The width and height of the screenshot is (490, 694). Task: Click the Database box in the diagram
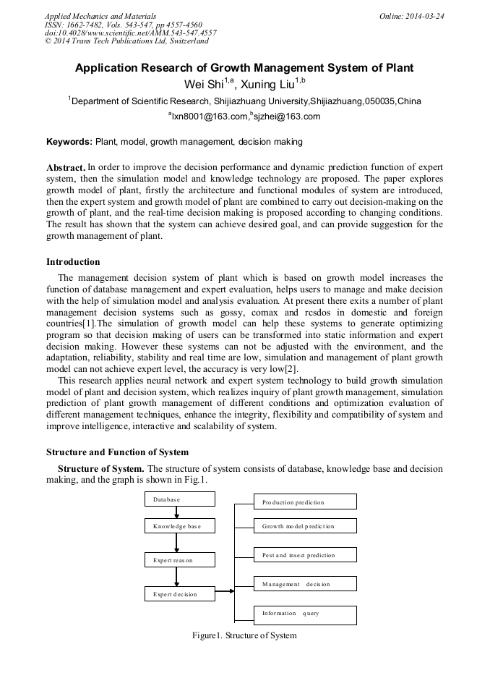click(180, 499)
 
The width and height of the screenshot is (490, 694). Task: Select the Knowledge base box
click(180, 526)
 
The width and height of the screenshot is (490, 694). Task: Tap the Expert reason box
click(180, 560)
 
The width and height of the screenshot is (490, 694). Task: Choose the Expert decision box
click(180, 594)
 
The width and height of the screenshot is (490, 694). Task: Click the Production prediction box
click(304, 502)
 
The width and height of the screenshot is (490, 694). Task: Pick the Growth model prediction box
click(304, 526)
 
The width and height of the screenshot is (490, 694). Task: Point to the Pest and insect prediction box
click(304, 555)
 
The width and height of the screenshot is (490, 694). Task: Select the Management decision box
click(304, 584)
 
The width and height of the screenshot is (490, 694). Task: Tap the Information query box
click(304, 614)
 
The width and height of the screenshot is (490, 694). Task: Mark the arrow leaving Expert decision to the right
click(225, 591)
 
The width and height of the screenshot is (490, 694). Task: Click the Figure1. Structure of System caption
click(244, 635)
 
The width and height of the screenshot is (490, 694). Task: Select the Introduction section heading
click(73, 262)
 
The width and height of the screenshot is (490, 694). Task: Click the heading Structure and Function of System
click(117, 452)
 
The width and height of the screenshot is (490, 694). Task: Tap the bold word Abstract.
click(66, 167)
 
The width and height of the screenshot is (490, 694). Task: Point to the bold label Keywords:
click(69, 142)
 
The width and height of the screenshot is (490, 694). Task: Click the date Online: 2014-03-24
click(411, 16)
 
